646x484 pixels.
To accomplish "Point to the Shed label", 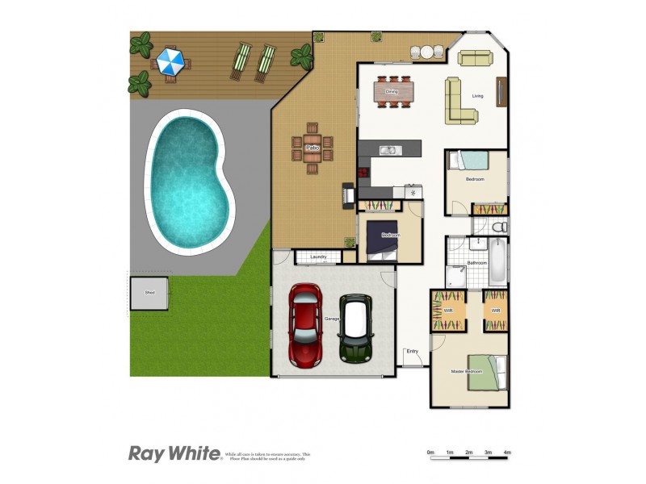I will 149,292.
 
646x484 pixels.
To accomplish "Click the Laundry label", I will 318,257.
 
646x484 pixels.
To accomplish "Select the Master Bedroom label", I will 467,371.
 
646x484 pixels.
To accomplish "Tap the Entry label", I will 413,351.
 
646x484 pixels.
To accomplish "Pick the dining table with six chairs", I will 393,92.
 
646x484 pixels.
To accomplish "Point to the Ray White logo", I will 174,453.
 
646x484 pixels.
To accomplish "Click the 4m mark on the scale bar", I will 507,453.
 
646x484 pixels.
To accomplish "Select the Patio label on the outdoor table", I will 313,148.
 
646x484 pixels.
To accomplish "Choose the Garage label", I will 332,319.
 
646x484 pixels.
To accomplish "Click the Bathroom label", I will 476,263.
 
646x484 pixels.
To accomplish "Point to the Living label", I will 478,97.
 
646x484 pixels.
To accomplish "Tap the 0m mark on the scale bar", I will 430,453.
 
